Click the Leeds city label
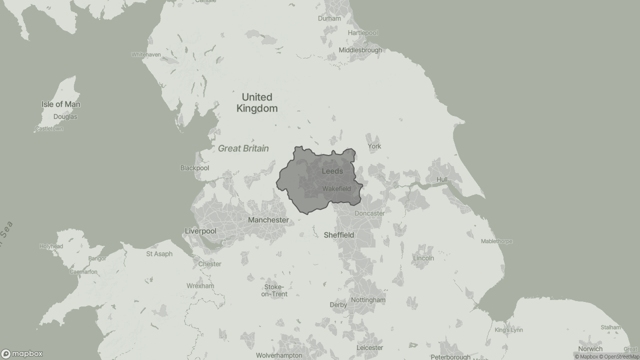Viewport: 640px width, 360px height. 332,171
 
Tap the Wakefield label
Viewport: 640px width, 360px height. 336,188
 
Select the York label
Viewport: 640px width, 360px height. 374,146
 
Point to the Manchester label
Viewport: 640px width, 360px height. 268,220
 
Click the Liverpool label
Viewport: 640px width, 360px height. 200,231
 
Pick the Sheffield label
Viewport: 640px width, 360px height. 338,235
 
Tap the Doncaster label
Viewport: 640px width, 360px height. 369,213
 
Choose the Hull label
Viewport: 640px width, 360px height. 442,179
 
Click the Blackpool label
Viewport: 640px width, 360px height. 194,168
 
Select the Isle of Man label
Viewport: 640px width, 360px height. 60,104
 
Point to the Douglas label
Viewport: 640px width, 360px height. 65,117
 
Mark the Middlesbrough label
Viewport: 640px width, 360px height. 360,50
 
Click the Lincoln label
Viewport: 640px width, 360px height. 423,258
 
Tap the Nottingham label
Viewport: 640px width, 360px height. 368,300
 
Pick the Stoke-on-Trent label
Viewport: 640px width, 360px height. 274,290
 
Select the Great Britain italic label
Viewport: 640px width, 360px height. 243,148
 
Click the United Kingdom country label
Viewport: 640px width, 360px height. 257,102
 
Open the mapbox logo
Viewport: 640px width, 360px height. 22,354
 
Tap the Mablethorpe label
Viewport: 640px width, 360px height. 496,241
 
